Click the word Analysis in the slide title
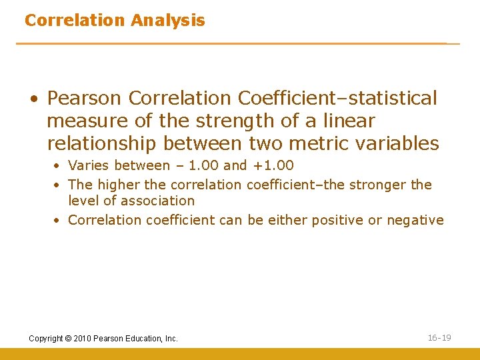tap(168, 21)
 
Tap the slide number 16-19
tap(439, 338)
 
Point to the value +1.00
tap(273, 165)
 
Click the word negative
tap(415, 220)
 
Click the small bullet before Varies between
tap(58, 166)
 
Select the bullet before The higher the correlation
tap(58, 185)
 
